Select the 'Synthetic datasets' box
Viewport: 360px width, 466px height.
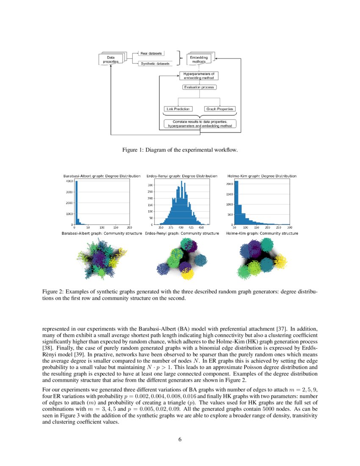tap(155, 64)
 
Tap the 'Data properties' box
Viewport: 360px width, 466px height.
tap(111, 59)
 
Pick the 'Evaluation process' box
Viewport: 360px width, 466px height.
tap(199, 87)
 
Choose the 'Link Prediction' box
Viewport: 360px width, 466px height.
tap(177, 109)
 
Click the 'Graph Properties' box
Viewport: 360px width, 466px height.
tap(219, 109)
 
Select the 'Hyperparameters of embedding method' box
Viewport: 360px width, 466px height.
tap(199, 76)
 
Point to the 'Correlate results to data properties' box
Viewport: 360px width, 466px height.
tap(199, 124)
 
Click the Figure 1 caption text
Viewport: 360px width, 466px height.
tap(180, 150)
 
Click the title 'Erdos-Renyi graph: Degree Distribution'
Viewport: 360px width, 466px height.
tap(182, 176)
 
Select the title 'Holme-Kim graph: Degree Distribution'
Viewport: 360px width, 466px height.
tap(262, 176)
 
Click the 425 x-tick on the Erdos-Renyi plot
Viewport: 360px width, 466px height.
tap(191, 228)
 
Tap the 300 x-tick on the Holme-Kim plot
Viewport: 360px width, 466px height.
tap(290, 228)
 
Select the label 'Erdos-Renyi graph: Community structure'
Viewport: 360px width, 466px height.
tap(182, 233)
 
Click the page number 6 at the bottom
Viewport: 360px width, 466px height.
tap(180, 439)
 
